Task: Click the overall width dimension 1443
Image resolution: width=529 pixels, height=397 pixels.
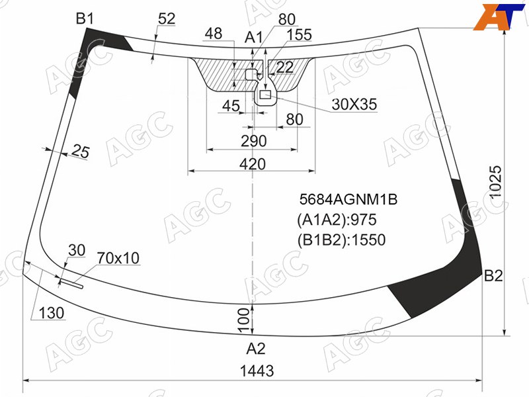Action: [257, 371]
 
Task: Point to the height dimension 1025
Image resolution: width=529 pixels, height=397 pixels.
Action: [495, 183]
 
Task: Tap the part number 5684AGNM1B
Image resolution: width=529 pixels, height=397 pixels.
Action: [348, 199]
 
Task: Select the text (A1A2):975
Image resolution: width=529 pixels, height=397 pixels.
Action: [337, 220]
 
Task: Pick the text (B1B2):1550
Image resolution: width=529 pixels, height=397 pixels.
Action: [341, 240]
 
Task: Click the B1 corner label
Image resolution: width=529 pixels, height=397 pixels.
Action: [85, 19]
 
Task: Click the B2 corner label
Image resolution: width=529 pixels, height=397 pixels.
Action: [493, 276]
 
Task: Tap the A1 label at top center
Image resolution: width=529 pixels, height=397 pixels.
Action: [253, 38]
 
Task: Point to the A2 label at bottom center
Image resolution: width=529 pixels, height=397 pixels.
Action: [256, 349]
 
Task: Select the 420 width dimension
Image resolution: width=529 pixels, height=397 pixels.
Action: [253, 164]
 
